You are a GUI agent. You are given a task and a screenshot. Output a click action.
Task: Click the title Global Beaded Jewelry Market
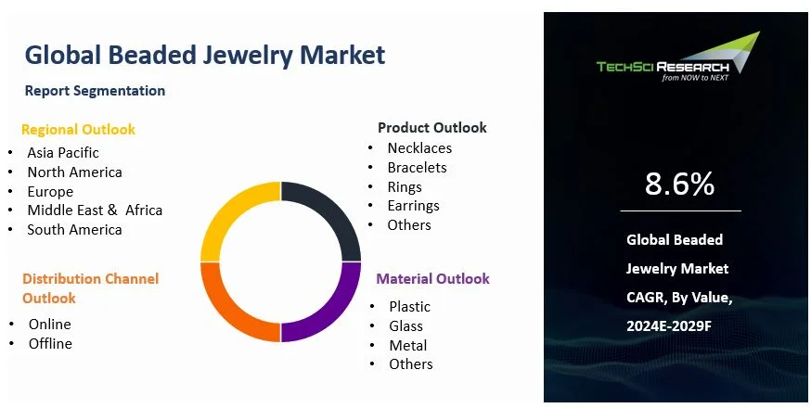tap(204, 55)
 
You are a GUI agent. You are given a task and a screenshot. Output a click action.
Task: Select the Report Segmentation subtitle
tap(95, 91)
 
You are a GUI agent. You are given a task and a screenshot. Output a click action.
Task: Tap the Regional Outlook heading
tap(78, 130)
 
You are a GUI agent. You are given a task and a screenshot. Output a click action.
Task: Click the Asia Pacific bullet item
tap(63, 152)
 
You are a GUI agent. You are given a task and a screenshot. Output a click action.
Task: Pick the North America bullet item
tap(74, 172)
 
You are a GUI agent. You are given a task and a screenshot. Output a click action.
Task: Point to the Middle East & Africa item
tap(95, 210)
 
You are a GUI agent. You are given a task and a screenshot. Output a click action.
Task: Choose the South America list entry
tap(74, 230)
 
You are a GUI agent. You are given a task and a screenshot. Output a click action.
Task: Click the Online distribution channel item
tap(49, 325)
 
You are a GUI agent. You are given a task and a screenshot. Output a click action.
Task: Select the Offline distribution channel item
tap(50, 344)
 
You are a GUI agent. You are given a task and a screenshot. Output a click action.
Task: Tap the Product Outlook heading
tap(431, 128)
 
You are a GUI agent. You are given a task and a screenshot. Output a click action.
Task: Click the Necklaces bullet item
tap(419, 148)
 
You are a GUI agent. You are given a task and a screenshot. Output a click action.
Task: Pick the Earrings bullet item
tap(413, 206)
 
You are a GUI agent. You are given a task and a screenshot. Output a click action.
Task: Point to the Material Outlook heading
tap(432, 279)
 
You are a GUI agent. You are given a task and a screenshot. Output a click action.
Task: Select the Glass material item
tap(405, 325)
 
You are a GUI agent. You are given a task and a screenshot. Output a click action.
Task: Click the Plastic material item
tap(409, 306)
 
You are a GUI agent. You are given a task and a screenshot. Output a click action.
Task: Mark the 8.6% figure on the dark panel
tap(679, 184)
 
